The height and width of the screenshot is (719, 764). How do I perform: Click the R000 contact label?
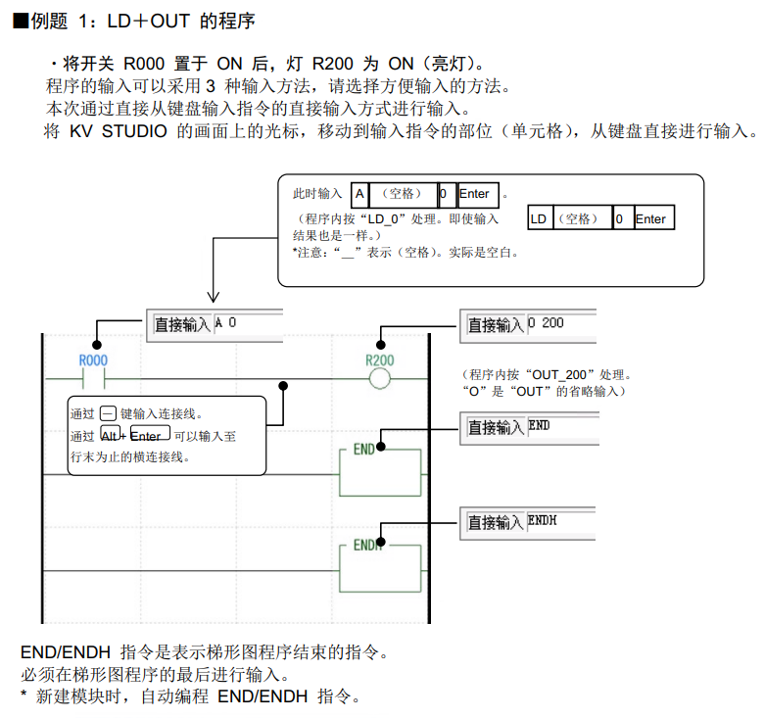coord(93,360)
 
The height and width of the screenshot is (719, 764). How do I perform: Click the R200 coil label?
coord(379,360)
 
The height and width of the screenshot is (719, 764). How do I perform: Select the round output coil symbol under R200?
coord(379,378)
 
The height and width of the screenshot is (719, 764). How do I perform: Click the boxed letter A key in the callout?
coord(360,194)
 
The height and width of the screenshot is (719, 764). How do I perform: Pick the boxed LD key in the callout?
coord(538,219)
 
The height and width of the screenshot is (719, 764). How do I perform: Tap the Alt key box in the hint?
coord(111,435)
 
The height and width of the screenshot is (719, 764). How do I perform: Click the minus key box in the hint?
coord(109,414)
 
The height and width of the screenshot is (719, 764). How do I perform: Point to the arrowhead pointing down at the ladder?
coord(212,296)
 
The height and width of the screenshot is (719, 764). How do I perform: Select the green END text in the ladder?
coord(364,450)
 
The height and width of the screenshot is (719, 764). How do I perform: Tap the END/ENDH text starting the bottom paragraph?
coord(66,652)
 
